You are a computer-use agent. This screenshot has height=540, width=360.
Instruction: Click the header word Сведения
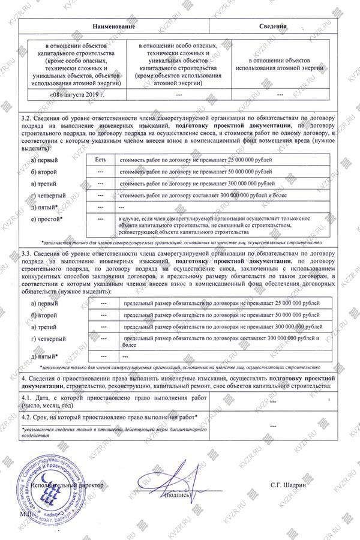pyautogui.click(x=272, y=27)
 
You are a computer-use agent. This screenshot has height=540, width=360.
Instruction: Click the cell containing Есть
pyautogui.click(x=100, y=160)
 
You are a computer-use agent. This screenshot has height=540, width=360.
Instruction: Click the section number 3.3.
pyautogui.click(x=27, y=254)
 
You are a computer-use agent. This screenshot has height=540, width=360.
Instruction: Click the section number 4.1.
pyautogui.click(x=27, y=398)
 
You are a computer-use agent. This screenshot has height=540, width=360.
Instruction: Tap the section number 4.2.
pyautogui.click(x=27, y=417)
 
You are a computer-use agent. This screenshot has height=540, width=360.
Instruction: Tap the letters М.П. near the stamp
pyautogui.click(x=27, y=514)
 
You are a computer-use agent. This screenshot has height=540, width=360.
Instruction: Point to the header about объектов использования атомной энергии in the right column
pyautogui.click(x=280, y=66)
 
